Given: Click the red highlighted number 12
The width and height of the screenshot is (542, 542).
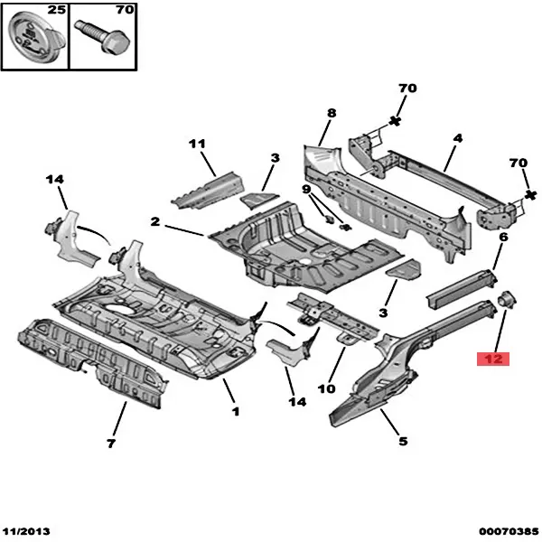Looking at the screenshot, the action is [x=493, y=359].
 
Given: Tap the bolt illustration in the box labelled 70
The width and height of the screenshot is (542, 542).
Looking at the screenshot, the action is [x=103, y=38].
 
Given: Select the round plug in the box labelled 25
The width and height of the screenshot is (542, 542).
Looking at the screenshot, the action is [x=36, y=40].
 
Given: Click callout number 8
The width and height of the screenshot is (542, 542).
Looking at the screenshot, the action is [x=332, y=113].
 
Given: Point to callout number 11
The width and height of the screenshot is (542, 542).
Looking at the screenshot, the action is [x=197, y=144].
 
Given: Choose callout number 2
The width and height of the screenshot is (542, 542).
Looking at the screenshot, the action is [x=155, y=221].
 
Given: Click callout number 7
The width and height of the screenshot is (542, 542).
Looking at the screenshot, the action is [x=111, y=443].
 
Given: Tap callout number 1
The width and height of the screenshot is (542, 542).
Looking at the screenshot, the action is [x=236, y=411].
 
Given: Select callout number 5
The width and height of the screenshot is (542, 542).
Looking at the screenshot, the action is [x=403, y=441].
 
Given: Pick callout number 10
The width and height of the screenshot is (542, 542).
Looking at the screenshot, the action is [x=327, y=388].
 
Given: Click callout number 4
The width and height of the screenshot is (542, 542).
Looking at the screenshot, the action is [x=458, y=138].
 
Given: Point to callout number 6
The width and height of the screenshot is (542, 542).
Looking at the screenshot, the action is [x=504, y=237].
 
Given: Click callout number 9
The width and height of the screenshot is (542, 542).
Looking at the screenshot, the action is [x=306, y=189].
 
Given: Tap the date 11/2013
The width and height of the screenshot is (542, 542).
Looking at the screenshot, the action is [x=26, y=531].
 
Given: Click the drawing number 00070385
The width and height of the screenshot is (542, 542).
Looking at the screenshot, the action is [x=509, y=531].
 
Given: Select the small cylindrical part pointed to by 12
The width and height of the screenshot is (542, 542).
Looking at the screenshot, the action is [x=507, y=299].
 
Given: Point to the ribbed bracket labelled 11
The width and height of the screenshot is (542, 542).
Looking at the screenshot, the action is [x=208, y=191].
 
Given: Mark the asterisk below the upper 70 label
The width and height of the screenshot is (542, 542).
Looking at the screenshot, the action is [x=395, y=121].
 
